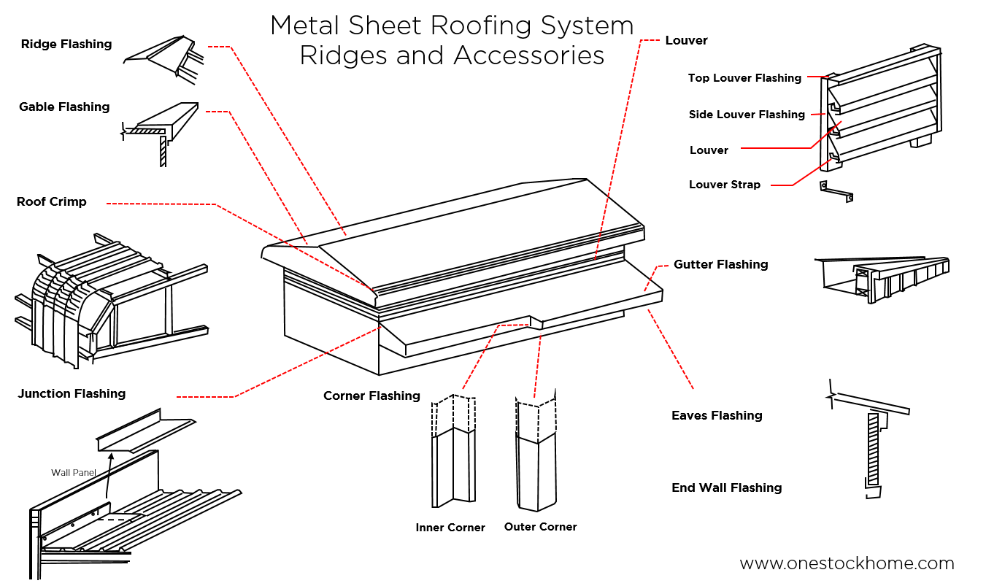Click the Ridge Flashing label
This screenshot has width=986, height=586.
66,45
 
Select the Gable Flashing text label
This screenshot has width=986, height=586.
64,107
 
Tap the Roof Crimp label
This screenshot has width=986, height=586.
51,202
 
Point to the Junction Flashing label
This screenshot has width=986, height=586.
72,394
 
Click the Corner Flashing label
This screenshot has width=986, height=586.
371,396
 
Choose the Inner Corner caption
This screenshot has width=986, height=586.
450,528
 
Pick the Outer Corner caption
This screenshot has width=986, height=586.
540,527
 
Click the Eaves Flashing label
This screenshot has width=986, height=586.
717,416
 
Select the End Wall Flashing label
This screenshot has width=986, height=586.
726,488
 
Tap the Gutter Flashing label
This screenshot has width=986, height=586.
720,265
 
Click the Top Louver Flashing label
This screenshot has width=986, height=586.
744,78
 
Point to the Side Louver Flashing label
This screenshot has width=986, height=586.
747,115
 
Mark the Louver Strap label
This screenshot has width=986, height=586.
724,185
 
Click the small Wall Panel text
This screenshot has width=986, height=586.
74,473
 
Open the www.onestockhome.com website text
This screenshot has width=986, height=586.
847,563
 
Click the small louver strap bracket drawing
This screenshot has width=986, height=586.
836,191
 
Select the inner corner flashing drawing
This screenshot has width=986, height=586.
453,452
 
